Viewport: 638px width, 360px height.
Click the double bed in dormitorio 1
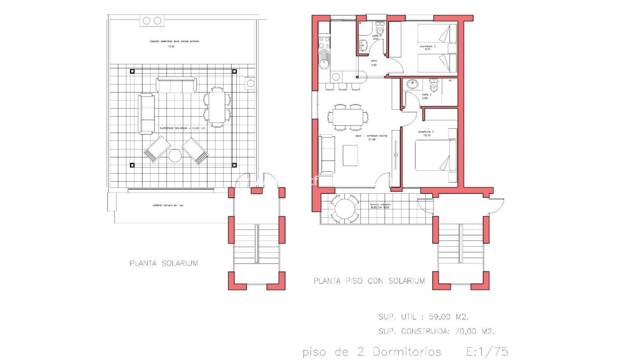click(x=435, y=156)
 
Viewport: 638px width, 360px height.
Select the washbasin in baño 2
click(x=362, y=46)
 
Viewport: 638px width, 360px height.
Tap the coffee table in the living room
click(x=351, y=156)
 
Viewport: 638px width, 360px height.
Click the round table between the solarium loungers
click(x=175, y=155)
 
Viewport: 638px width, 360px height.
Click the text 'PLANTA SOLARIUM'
click(x=163, y=263)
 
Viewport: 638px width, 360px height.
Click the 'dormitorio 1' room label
click(x=426, y=132)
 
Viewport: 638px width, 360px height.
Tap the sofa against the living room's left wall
click(x=327, y=154)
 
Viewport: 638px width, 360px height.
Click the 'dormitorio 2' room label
click(x=427, y=45)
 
